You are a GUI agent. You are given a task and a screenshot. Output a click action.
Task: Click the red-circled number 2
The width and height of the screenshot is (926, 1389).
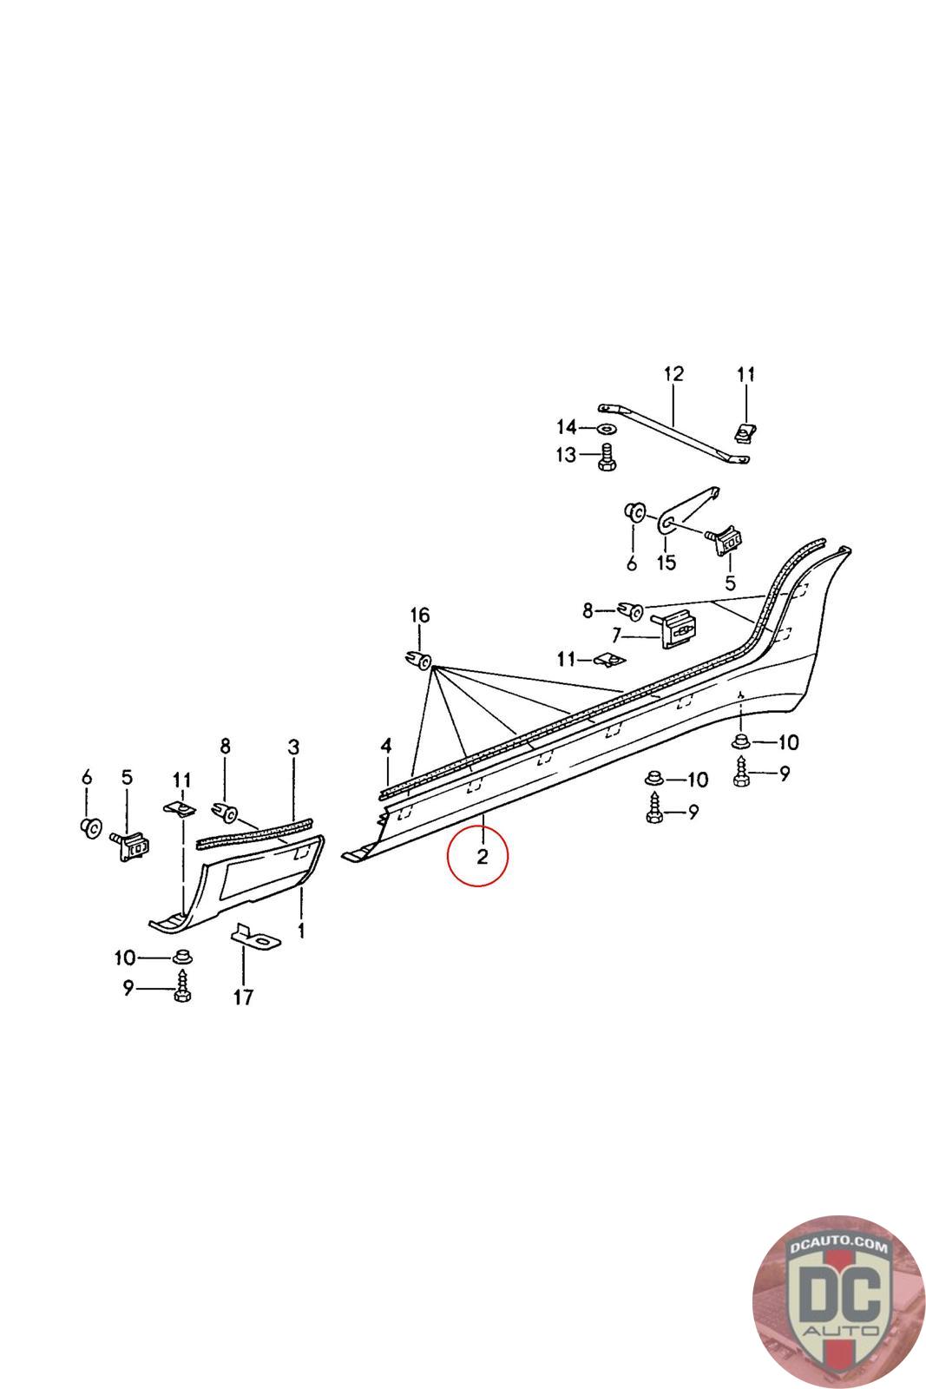[x=482, y=856]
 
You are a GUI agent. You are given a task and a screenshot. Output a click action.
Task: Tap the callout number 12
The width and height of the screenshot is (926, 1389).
[x=673, y=374]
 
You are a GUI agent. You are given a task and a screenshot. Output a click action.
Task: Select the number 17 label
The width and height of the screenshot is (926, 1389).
[x=243, y=997]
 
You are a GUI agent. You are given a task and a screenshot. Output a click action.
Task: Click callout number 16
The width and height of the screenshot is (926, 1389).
[x=419, y=616]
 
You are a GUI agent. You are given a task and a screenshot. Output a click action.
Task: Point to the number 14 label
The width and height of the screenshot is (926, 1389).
[x=566, y=427]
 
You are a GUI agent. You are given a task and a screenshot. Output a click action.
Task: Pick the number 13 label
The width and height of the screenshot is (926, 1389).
[x=566, y=455]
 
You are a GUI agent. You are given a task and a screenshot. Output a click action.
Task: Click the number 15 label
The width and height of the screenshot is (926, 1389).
[x=666, y=563]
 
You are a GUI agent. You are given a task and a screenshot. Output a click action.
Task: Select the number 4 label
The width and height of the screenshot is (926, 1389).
[x=386, y=746]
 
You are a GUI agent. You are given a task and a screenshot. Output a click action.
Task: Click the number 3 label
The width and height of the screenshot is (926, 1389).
[x=293, y=747]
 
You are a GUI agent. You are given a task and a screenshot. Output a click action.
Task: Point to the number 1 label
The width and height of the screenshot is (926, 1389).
[x=301, y=931]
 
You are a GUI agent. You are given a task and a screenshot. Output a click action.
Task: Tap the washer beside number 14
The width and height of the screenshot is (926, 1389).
[x=603, y=428]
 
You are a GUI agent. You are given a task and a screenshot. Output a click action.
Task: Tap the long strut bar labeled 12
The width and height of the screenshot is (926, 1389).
[x=674, y=430]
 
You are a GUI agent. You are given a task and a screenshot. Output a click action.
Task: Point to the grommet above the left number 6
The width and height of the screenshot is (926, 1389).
[x=90, y=826]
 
